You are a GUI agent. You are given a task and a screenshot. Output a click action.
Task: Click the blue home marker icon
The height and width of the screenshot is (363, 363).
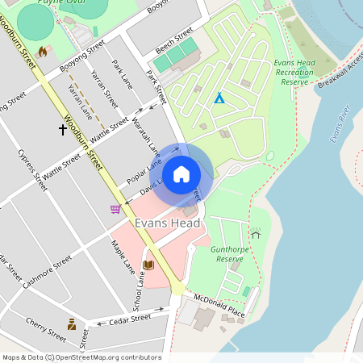(x=181, y=174)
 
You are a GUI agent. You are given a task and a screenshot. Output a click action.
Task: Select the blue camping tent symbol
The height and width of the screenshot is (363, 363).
(x=219, y=98)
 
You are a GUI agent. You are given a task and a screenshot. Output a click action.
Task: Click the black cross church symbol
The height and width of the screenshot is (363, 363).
(x=63, y=128)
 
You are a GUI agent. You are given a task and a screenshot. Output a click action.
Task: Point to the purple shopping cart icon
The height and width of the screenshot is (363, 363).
(x=115, y=209)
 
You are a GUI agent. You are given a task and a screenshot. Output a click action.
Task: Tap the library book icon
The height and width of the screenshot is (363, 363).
(x=148, y=265)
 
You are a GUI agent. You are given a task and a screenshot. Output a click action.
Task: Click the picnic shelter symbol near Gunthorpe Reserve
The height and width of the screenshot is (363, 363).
(x=256, y=234)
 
